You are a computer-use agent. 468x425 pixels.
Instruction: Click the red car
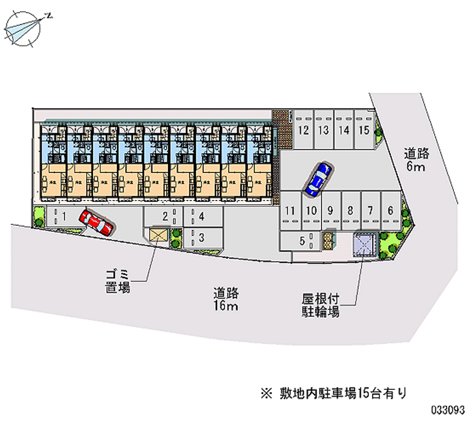pos(97,222)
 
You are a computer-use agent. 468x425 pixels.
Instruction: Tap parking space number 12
pos(302,130)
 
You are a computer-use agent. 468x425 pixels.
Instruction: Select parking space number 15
pos(364,130)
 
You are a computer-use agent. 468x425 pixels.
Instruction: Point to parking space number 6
pos(390,209)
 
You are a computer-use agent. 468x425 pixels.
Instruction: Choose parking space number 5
pos(303,240)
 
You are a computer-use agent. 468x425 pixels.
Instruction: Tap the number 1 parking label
pos(64,217)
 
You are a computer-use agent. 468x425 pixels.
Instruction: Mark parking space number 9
pos(331,210)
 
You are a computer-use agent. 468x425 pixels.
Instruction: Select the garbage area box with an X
pos(159,236)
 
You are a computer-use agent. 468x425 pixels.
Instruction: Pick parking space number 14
pos(344,130)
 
